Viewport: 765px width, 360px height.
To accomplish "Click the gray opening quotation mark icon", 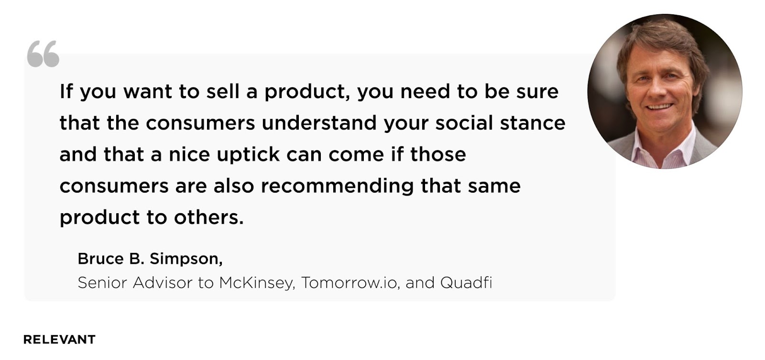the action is point(43,54).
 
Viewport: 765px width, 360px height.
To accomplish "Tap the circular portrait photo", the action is point(665,91).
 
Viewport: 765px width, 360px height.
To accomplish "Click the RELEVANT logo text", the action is point(59,339).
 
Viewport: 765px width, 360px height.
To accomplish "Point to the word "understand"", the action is point(319,123).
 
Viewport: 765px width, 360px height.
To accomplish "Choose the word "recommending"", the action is point(338,186).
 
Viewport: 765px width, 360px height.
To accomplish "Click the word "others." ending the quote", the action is point(209,218).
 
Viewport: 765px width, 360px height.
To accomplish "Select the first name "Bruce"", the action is point(100,259).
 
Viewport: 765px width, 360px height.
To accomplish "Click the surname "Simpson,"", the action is point(186,260).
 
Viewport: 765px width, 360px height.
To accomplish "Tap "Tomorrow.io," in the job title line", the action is point(351,283).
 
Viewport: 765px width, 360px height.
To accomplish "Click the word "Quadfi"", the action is point(466,283).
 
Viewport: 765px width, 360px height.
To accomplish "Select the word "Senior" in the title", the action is point(102,283).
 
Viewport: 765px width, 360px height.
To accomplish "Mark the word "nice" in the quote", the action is point(189,154).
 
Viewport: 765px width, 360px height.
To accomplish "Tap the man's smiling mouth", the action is point(659,107).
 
